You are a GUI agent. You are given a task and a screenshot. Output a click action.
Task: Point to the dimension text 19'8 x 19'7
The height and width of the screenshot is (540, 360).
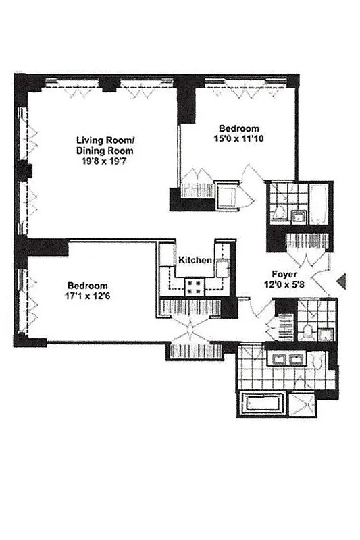104,162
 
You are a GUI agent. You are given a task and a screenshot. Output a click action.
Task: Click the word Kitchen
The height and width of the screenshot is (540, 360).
196,261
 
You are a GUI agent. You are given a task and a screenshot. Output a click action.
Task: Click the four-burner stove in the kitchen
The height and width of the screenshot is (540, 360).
195,286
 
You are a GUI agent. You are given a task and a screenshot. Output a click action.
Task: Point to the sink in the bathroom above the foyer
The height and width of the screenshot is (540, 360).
297,217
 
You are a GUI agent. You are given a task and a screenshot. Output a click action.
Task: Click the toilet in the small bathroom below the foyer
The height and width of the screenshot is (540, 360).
307,331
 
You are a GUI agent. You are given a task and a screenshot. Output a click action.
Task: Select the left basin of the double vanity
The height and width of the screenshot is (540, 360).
276,359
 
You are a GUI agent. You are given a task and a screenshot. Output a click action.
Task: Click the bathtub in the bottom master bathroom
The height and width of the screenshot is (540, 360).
265,404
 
